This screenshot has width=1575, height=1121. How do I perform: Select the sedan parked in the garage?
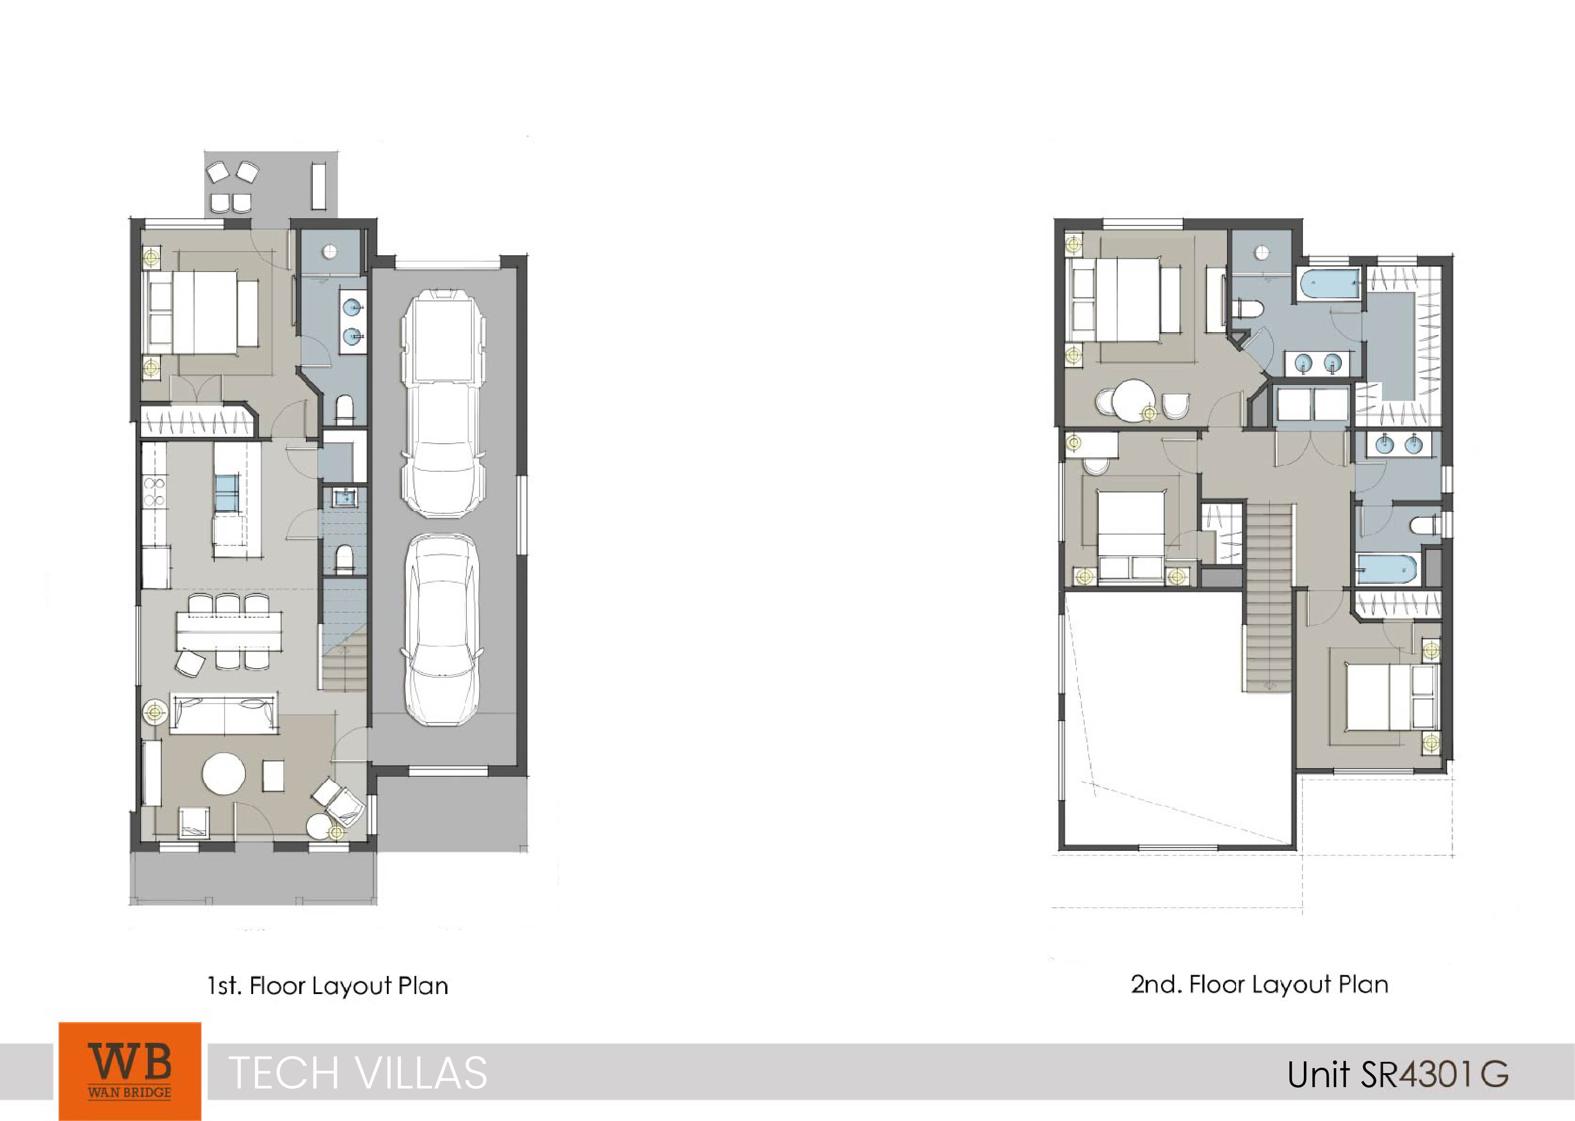coord(442,629)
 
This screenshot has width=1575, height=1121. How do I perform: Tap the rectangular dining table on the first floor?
coord(229,631)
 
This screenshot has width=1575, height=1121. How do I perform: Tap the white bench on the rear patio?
coord(318,185)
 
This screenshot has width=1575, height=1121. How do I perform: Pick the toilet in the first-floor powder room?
coord(343,558)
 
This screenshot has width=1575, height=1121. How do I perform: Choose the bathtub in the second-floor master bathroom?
coord(1330,286)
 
